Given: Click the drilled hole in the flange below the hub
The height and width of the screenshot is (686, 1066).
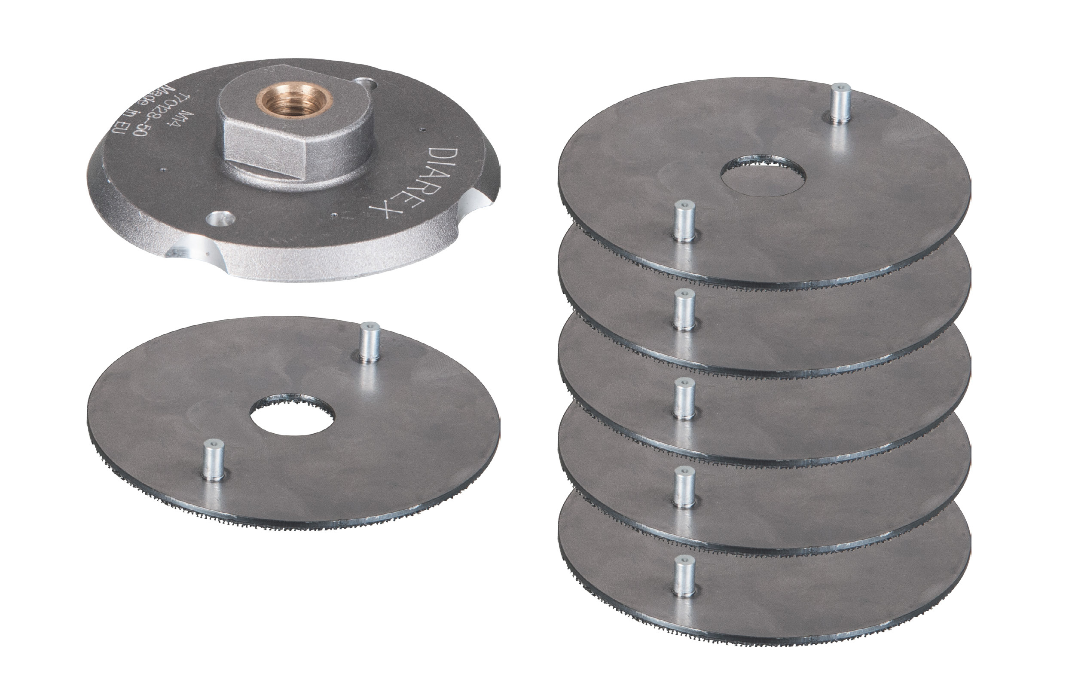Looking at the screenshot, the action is [220, 219].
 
